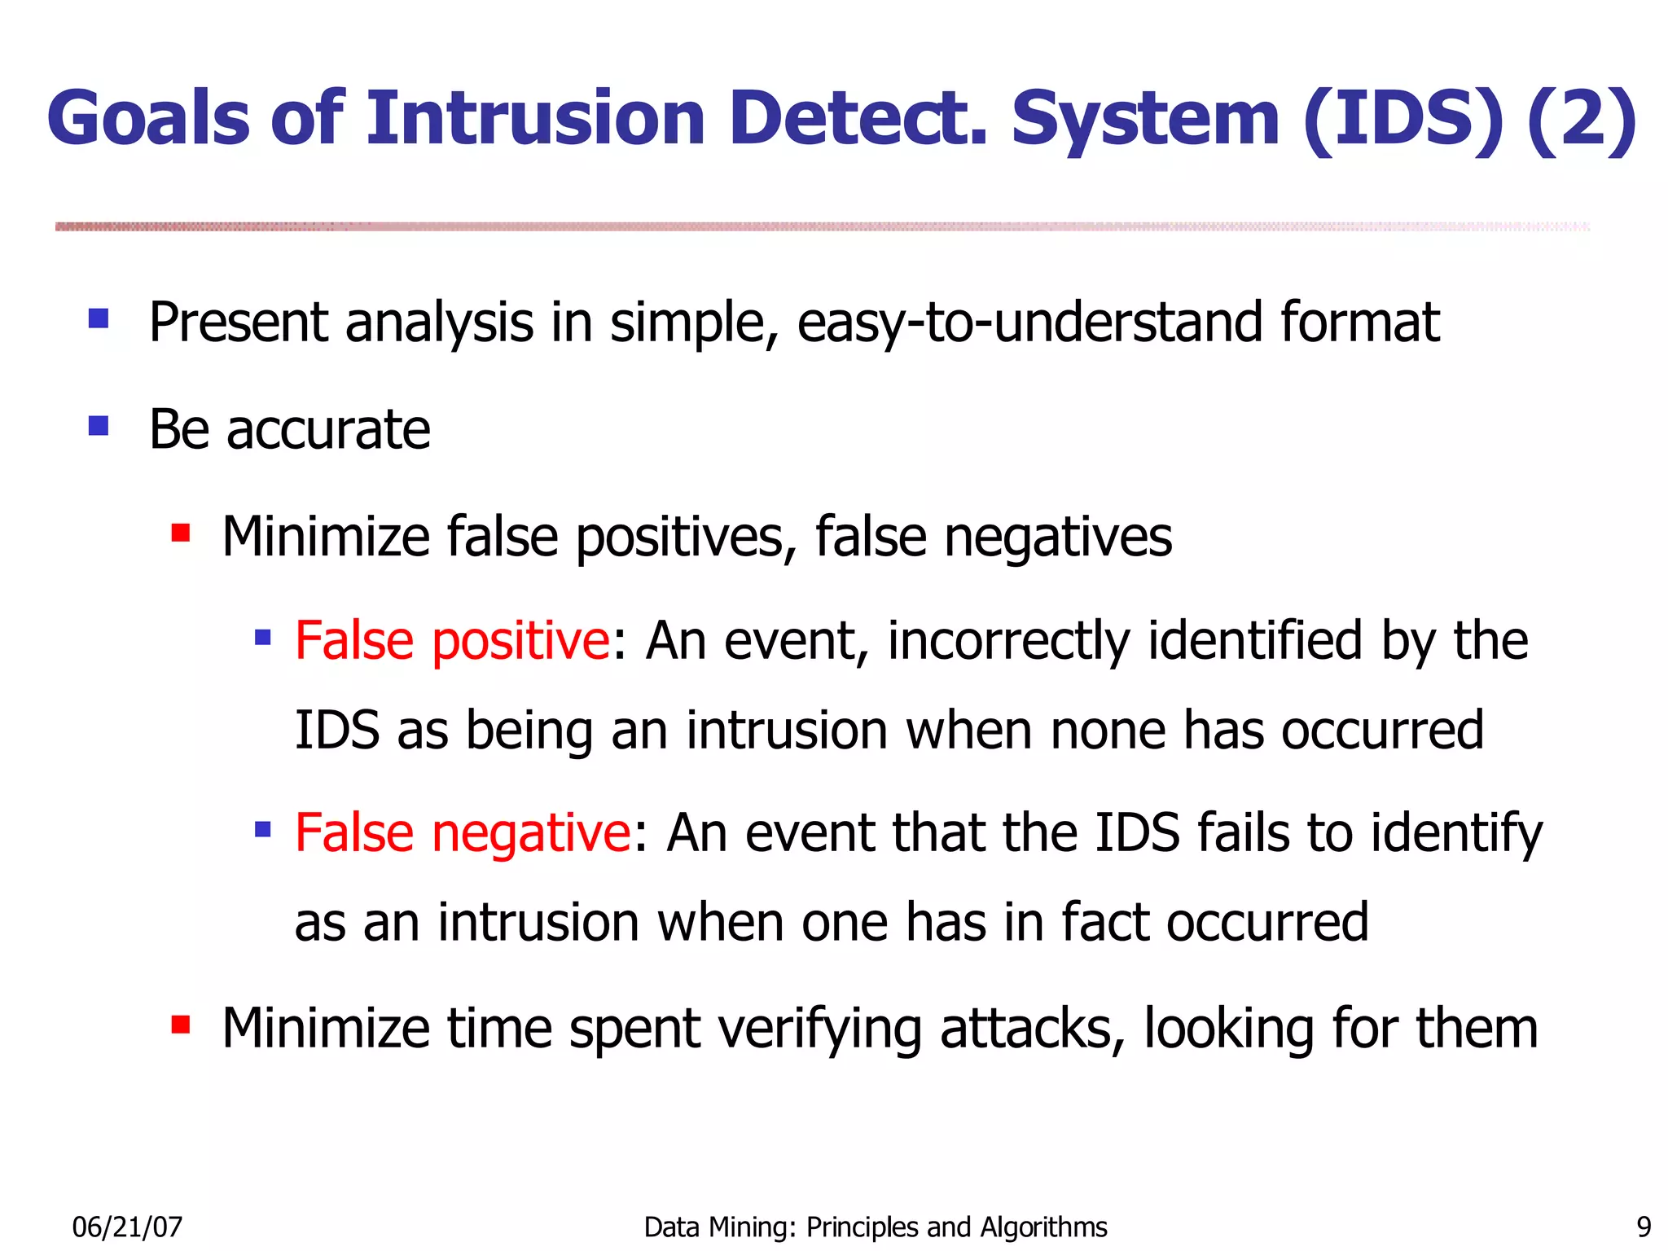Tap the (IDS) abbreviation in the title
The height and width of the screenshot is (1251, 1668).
click(x=1402, y=119)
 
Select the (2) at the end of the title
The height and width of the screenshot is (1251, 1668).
click(x=1582, y=119)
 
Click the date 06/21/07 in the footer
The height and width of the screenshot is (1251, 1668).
click(x=127, y=1227)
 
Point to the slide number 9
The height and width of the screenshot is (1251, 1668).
click(x=1644, y=1227)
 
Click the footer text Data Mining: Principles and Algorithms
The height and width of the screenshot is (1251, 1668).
click(x=876, y=1227)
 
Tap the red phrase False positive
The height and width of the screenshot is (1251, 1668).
click(x=452, y=640)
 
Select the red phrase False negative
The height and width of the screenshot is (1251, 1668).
click(x=463, y=832)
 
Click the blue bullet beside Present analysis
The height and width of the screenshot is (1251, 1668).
click(x=99, y=318)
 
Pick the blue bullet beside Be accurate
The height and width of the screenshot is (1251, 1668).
click(x=99, y=425)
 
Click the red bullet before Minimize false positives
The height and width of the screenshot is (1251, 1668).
click(x=181, y=533)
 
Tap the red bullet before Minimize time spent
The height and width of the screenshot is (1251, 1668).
click(x=181, y=1024)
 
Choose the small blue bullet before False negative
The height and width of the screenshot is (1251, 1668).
click(x=262, y=830)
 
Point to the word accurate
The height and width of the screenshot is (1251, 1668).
click(x=328, y=430)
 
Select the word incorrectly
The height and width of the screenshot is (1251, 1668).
click(x=1008, y=642)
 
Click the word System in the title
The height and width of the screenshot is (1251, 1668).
click(x=1144, y=119)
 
